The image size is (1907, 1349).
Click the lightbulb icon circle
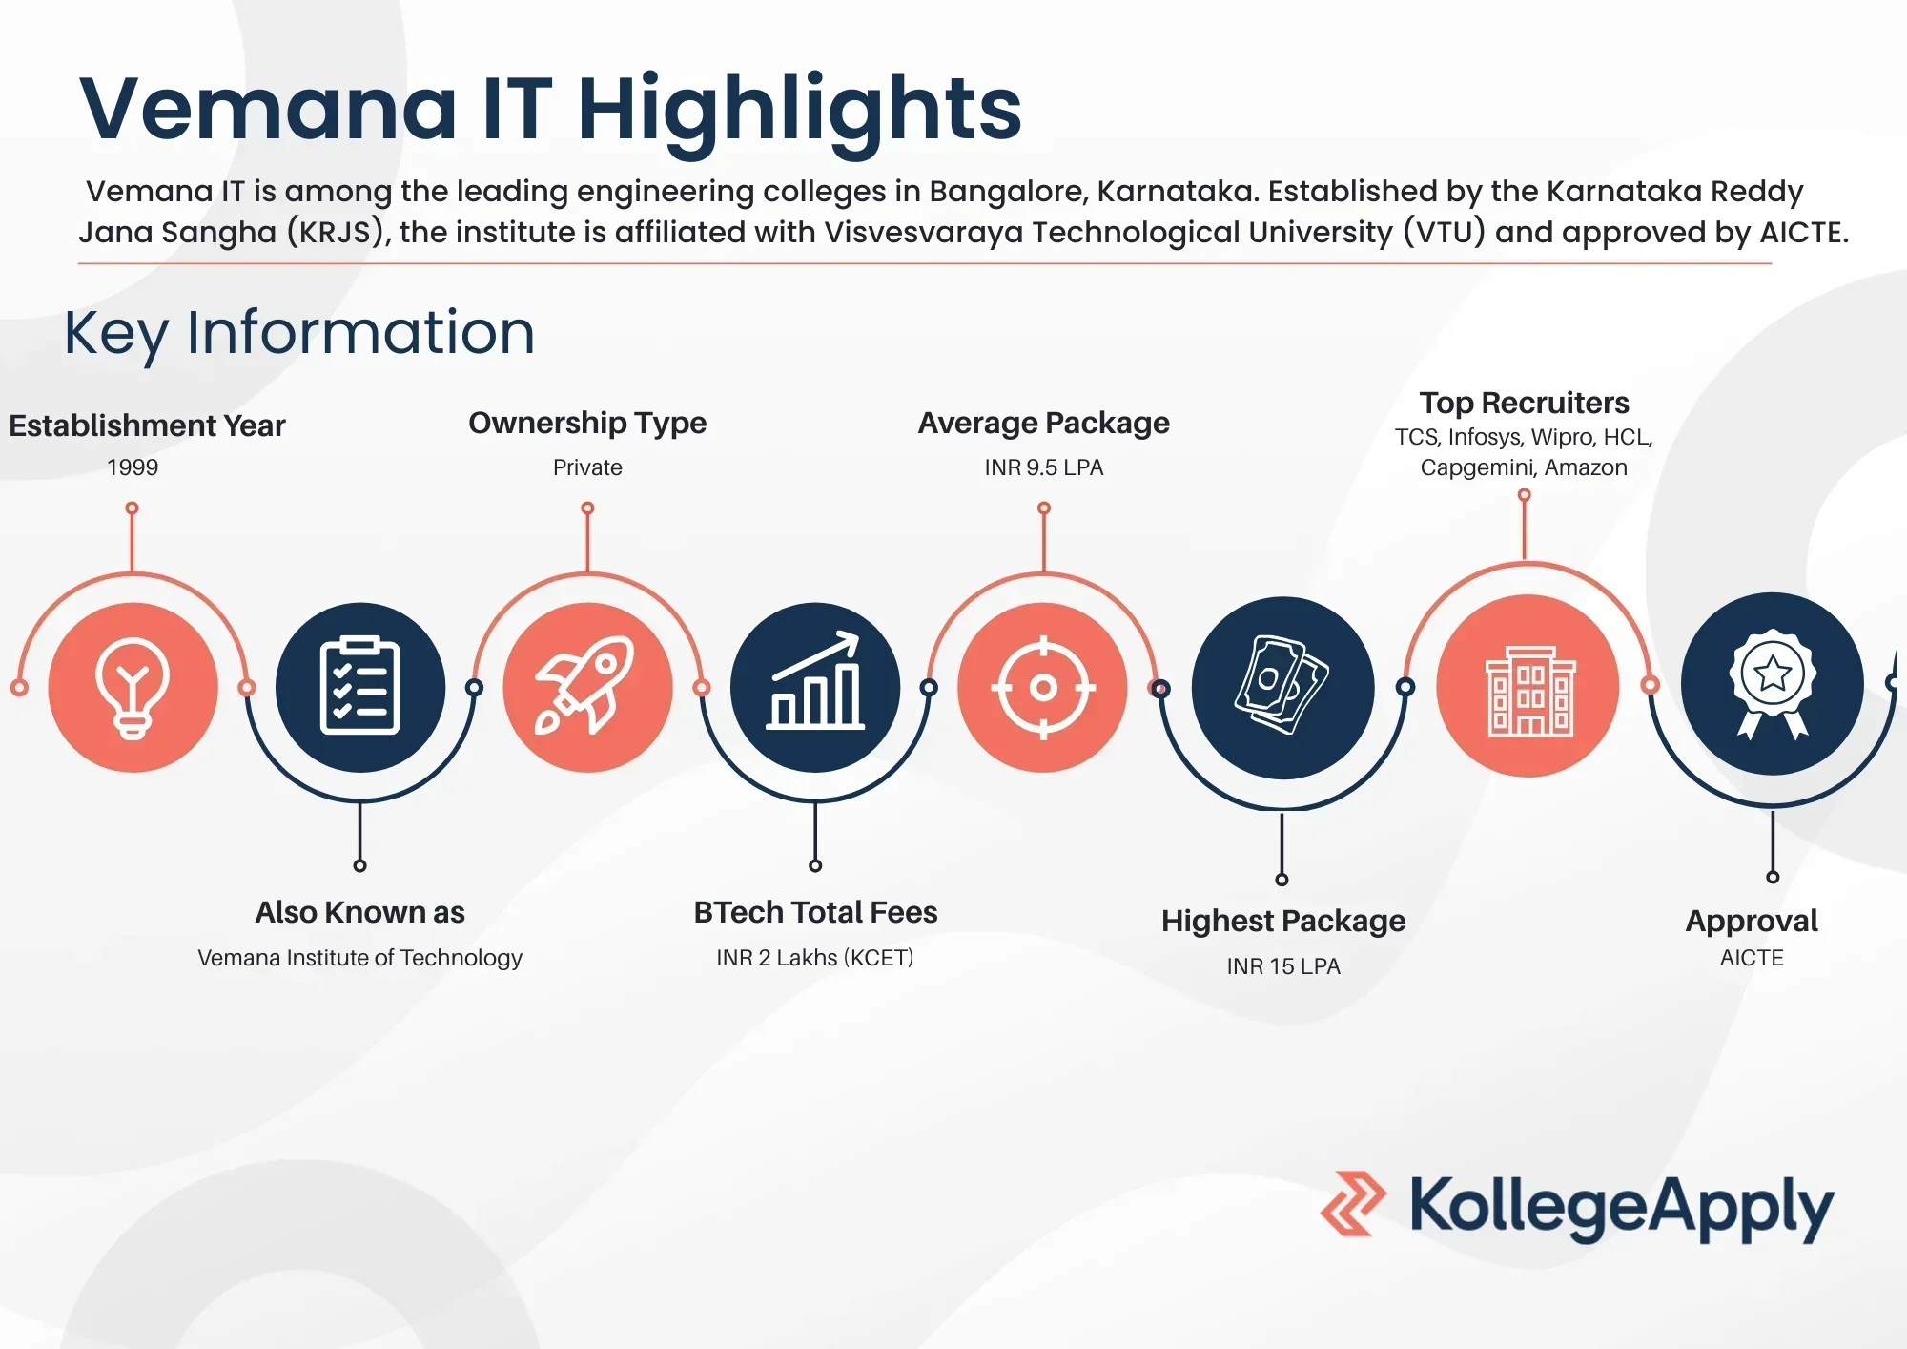133,687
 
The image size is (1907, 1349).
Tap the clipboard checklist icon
359,686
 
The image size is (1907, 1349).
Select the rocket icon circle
587,687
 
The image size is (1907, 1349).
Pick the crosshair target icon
1043,687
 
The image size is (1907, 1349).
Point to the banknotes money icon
1282,685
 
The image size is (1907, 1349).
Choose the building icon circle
1528,686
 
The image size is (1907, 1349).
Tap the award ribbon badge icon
1773,683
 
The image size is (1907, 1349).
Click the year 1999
133,467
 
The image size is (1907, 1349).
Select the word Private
587,467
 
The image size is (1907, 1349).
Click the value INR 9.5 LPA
1044,467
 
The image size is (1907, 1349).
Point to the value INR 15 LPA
1283,966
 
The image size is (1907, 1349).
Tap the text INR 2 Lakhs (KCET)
815,958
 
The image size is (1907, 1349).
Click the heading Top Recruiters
1524,403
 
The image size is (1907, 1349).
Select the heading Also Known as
359,912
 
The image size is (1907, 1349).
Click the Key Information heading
299,333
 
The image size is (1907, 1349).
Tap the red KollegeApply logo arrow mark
1353,1204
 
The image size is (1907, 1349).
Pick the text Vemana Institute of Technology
359,958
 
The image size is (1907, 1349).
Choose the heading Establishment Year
147,425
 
